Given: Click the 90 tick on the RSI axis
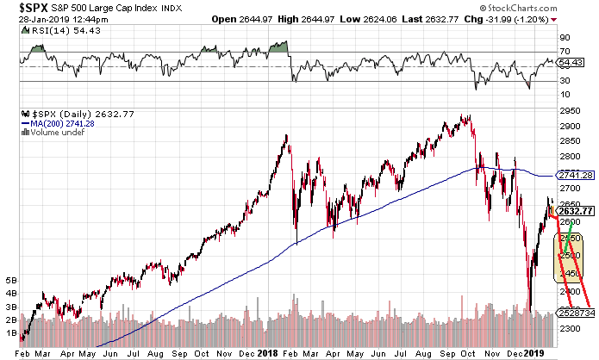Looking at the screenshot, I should coord(565,39).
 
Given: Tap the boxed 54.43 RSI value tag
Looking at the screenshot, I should coord(572,62).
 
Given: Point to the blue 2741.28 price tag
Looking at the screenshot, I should coord(576,175).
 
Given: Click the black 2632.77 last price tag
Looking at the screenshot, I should coord(576,210).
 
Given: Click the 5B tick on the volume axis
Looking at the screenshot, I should coord(13,280).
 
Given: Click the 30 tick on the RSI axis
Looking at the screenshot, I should coord(565,81).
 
